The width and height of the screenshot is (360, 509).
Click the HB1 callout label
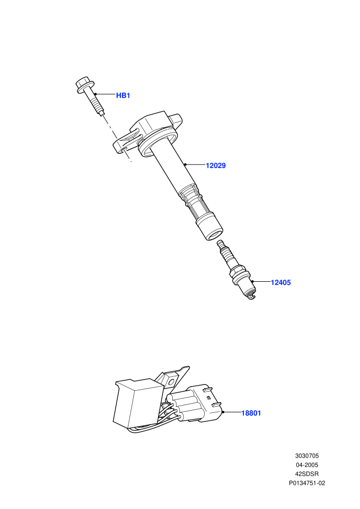pyautogui.click(x=123, y=96)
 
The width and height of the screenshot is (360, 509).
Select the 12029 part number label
pyautogui.click(x=215, y=166)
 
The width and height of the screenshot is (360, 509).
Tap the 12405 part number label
pyautogui.click(x=281, y=282)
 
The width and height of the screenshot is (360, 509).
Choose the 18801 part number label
pyautogui.click(x=251, y=413)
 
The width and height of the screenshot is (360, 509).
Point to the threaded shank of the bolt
pyautogui.click(x=96, y=103)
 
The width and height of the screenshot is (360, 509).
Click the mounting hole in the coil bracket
pyautogui.click(x=123, y=150)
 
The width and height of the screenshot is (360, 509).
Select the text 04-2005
pyautogui.click(x=307, y=465)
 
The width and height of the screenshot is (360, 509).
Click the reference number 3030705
pyautogui.click(x=307, y=456)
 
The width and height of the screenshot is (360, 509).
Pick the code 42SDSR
pyautogui.click(x=307, y=474)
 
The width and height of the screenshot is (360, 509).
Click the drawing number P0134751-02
pyautogui.click(x=307, y=483)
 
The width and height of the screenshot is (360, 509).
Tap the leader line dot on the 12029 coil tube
pyautogui.click(x=185, y=165)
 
